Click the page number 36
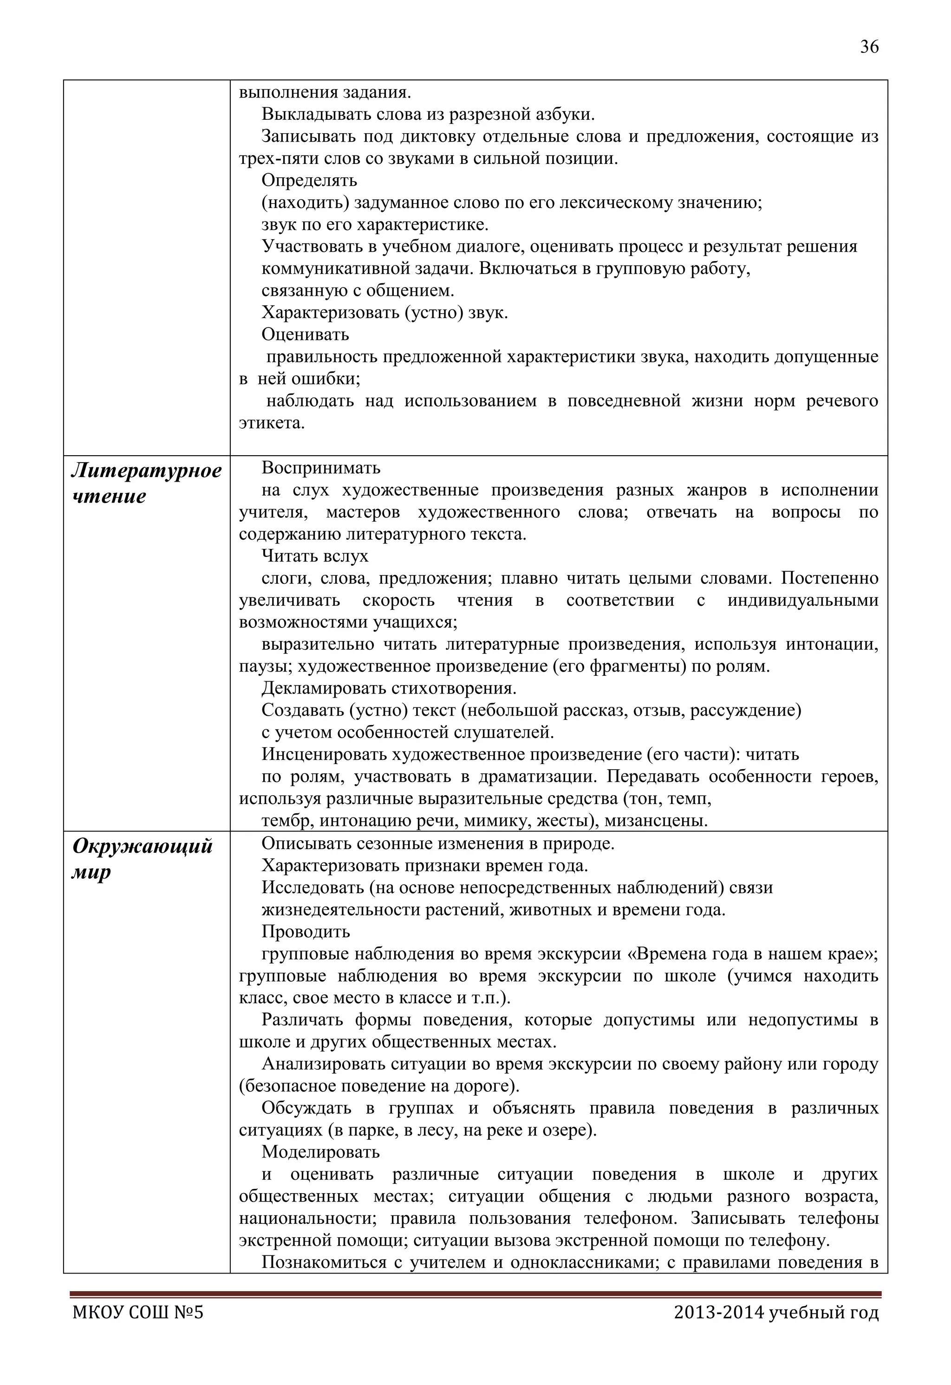pyautogui.click(x=869, y=47)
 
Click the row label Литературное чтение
pyautogui.click(x=146, y=483)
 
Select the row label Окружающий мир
pyautogui.click(x=142, y=859)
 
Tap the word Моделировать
pyautogui.click(x=320, y=1152)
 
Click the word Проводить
pyautogui.click(x=306, y=932)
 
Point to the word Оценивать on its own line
pyautogui.click(x=305, y=335)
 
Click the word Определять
pyautogui.click(x=309, y=181)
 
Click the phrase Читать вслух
pyautogui.click(x=315, y=556)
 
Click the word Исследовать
pyautogui.click(x=313, y=888)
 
